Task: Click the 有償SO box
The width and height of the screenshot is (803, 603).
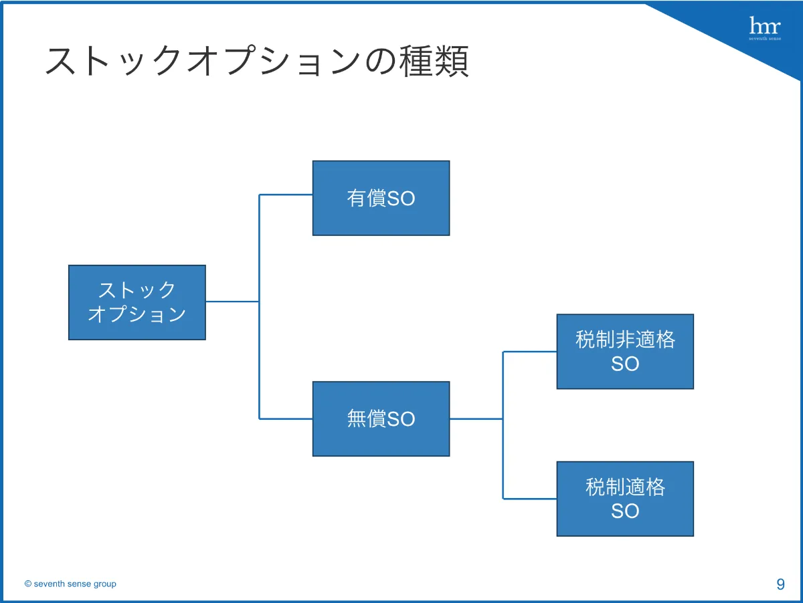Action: (381, 198)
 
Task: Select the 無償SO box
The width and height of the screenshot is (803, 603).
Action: (381, 419)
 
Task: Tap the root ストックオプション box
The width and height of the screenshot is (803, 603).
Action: (137, 302)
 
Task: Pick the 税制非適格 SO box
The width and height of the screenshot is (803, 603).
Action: (625, 352)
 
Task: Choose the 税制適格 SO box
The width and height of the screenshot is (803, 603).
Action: (625, 499)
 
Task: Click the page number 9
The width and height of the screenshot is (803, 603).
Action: (780, 584)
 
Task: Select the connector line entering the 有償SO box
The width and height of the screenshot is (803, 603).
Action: (286, 195)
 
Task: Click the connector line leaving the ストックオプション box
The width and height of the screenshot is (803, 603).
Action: (232, 301)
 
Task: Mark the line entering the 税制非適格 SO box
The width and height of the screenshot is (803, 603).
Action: (529, 352)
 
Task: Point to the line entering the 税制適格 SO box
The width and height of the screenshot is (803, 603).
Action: (529, 499)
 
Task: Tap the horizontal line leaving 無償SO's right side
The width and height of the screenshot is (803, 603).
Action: (476, 419)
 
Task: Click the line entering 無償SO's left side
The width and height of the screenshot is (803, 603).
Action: (286, 419)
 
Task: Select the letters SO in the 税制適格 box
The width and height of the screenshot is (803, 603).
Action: (625, 511)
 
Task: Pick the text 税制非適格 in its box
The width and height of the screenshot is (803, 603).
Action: (625, 340)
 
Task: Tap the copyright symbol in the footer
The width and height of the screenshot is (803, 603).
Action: (28, 584)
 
